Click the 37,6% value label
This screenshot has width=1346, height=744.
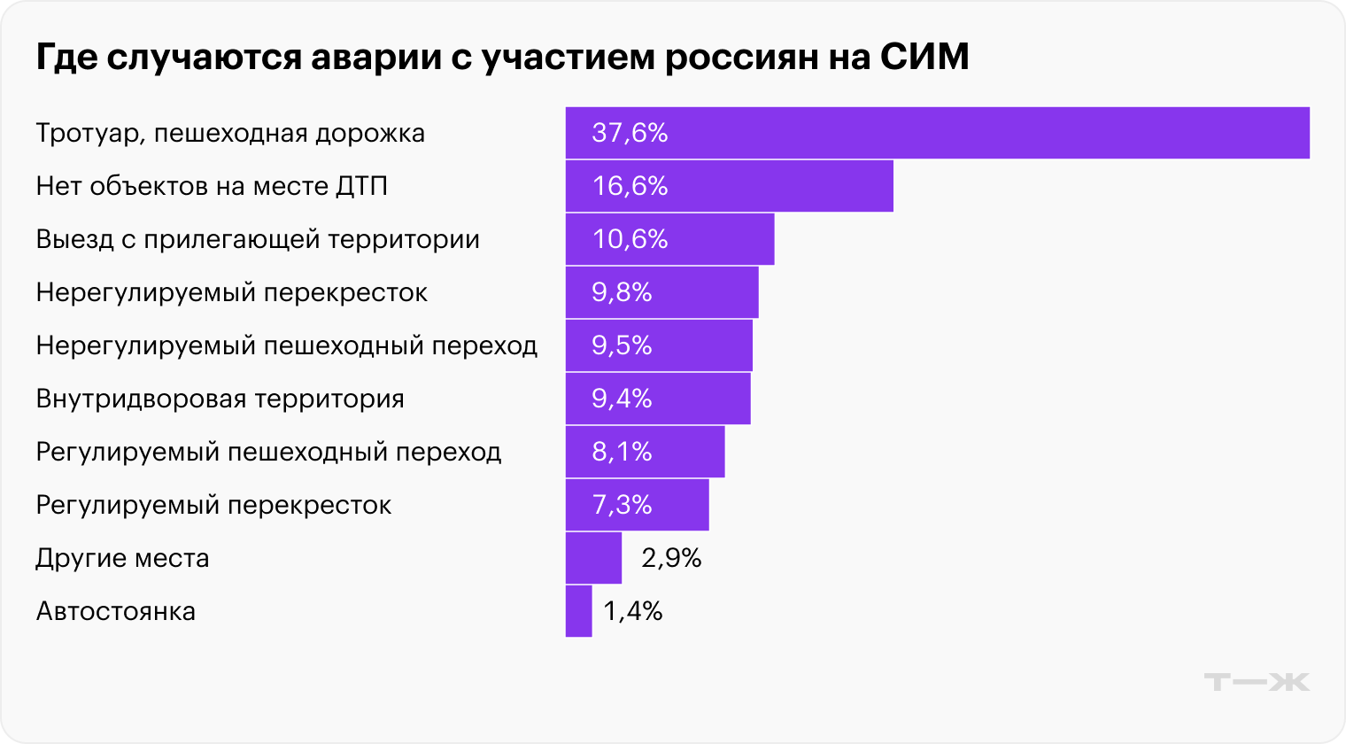(x=630, y=133)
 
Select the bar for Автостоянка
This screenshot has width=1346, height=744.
(x=578, y=611)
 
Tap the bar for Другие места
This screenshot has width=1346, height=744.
(x=593, y=558)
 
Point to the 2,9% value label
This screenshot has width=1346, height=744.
(x=671, y=558)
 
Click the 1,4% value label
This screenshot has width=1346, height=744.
(x=633, y=611)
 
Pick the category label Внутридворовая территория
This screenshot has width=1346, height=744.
(x=220, y=399)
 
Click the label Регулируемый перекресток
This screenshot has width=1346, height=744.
(x=213, y=505)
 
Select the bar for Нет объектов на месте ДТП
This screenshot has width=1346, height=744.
(x=729, y=186)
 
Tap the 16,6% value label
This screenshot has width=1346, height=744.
(x=630, y=186)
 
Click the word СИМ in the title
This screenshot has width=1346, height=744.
(x=924, y=58)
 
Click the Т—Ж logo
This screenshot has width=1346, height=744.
(x=1257, y=682)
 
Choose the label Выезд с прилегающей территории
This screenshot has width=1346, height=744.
(x=258, y=239)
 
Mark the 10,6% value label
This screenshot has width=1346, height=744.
(x=630, y=239)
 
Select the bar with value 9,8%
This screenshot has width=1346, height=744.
(x=661, y=292)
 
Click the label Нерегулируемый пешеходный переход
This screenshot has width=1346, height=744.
(x=286, y=345)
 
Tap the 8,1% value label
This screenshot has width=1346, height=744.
(x=622, y=452)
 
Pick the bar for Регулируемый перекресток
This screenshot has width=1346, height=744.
(x=637, y=505)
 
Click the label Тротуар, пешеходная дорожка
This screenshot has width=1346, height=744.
(x=230, y=133)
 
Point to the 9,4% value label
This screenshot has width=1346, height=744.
(x=622, y=399)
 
